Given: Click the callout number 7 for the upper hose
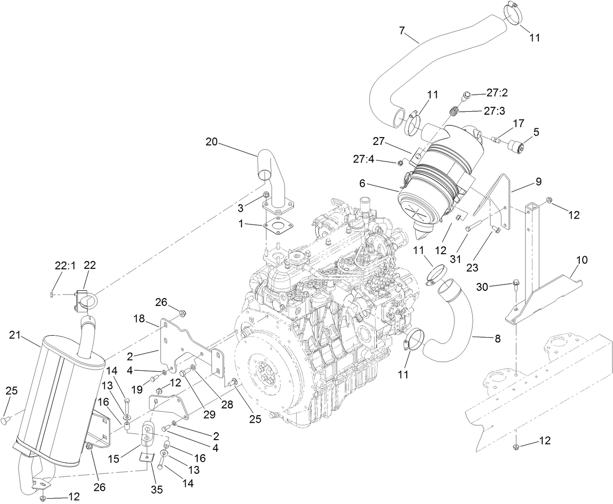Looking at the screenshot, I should (402, 31).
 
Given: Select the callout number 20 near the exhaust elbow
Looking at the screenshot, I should (211, 142).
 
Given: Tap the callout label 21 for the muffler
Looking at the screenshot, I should (15, 335).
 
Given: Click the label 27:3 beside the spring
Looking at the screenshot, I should (496, 111).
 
